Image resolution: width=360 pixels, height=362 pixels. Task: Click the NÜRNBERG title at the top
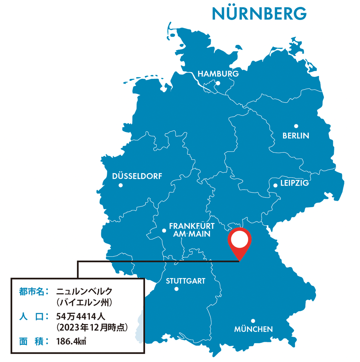click(259, 14)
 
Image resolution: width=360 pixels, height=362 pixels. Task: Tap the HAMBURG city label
click(218, 74)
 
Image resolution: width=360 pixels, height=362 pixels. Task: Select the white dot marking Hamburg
click(218, 84)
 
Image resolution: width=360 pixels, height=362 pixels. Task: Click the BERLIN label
click(296, 136)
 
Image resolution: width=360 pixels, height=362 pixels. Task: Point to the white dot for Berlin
click(296, 126)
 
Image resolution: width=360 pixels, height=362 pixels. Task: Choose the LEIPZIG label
click(294, 183)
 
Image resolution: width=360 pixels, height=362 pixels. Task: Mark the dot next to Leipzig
click(275, 185)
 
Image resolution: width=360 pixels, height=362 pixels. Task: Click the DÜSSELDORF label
click(137, 176)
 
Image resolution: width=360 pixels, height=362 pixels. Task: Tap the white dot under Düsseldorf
click(120, 185)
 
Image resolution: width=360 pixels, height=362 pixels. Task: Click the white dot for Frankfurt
click(164, 231)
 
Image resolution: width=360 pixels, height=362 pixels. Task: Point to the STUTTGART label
click(185, 281)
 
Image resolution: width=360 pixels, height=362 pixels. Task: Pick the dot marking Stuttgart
click(176, 289)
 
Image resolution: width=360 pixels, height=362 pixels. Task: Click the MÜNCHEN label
click(253, 329)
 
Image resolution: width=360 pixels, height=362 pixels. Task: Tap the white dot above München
click(253, 321)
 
